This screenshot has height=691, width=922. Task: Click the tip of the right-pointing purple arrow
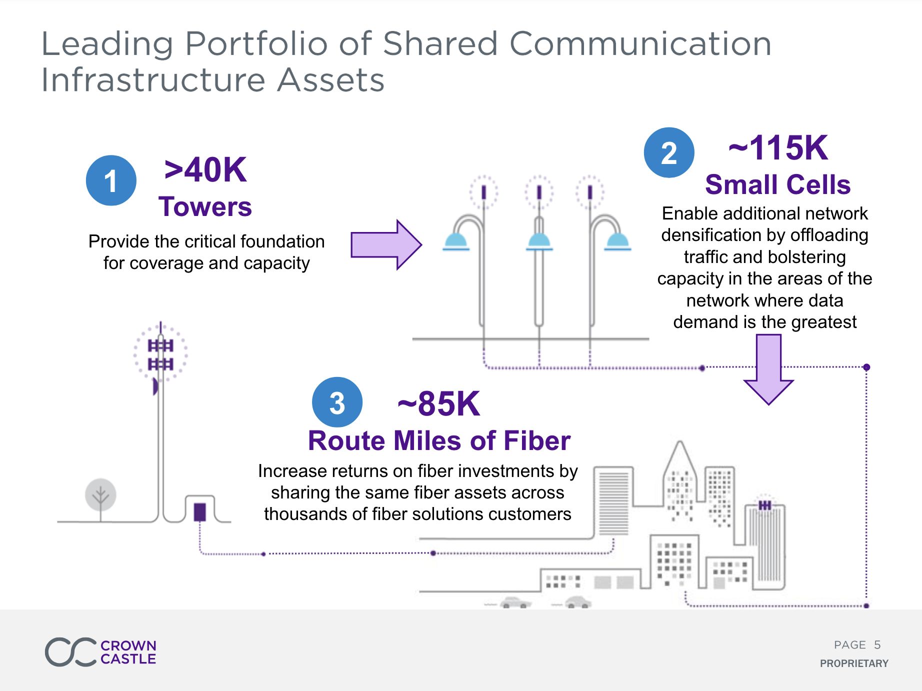[421, 245]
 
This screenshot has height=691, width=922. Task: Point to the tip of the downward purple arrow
[768, 404]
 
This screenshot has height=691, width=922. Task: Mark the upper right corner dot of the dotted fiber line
[866, 367]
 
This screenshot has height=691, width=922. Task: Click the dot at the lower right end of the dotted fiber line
[866, 605]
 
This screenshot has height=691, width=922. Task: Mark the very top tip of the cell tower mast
[160, 321]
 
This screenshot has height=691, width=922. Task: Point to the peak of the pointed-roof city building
[680, 441]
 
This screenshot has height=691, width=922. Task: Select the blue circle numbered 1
[111, 180]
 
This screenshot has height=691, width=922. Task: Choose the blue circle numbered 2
[669, 152]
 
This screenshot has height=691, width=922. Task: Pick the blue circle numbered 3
[337, 402]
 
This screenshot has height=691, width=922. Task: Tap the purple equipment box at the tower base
[199, 512]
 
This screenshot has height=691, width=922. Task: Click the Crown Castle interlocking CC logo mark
[70, 651]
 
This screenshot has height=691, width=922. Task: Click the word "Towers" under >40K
[205, 206]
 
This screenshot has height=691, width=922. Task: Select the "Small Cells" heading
[777, 184]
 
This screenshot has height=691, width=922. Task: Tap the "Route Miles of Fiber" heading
[439, 440]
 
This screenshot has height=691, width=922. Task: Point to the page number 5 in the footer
[877, 645]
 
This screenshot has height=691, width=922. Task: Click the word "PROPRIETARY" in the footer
[854, 663]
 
